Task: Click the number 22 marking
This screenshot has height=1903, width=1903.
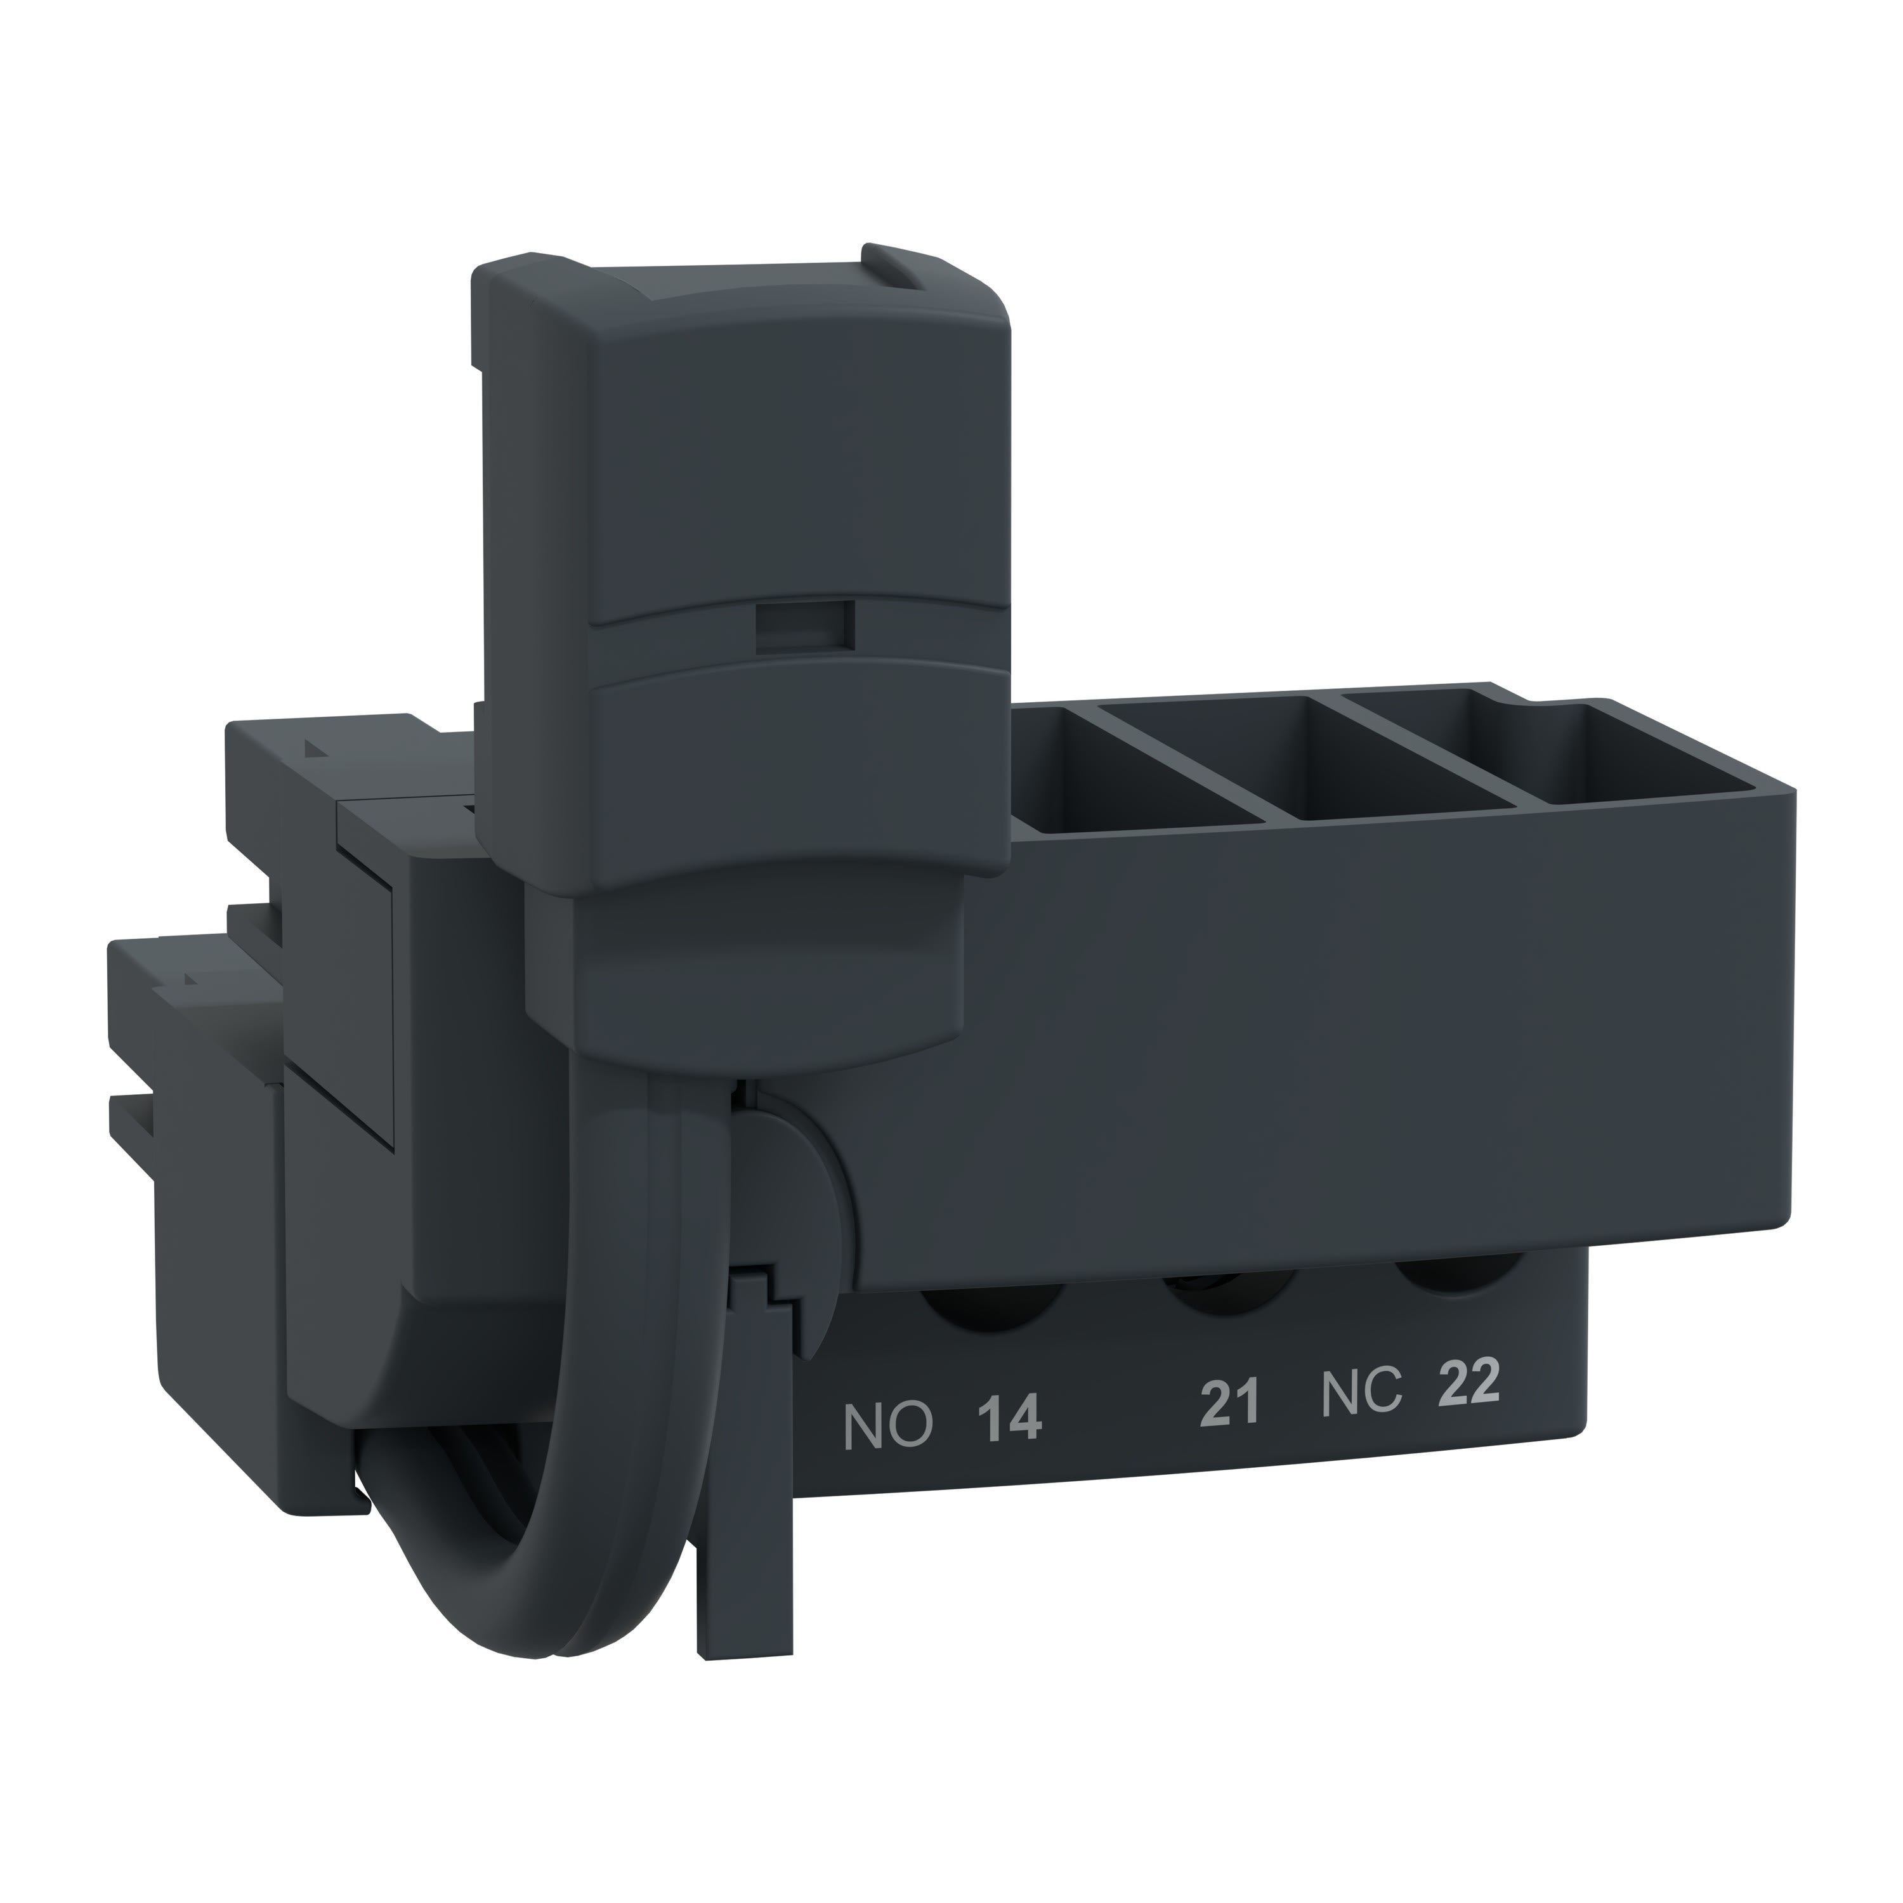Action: [x=1468, y=1384]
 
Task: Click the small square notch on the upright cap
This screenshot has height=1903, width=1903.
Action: [x=803, y=627]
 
